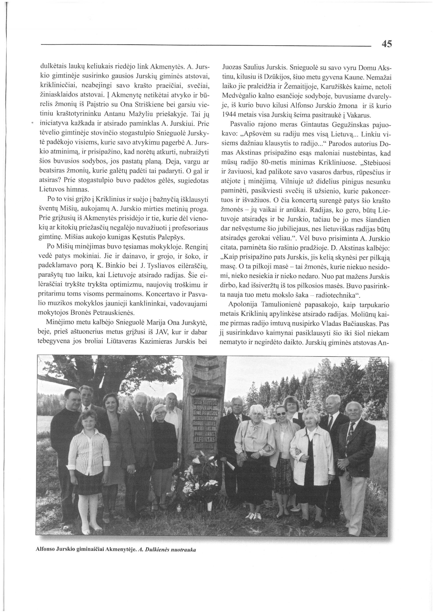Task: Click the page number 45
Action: (x=387, y=44)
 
